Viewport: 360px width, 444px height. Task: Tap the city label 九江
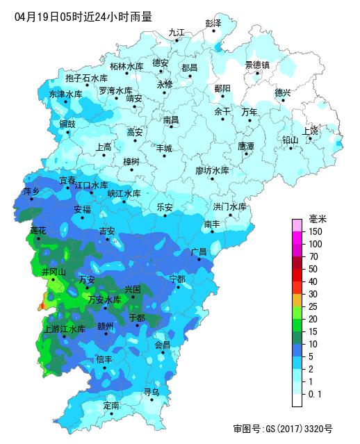coord(177,32)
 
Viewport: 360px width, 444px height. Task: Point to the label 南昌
coord(171,120)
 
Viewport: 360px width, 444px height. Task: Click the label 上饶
coord(310,130)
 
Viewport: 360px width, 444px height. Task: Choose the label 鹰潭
coord(246,146)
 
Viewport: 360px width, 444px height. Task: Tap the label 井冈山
coord(54,271)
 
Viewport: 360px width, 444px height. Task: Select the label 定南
coord(111,404)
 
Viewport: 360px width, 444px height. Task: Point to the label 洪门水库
coord(229,206)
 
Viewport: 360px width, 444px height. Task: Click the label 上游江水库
coord(64,329)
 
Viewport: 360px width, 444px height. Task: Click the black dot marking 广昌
coord(199,260)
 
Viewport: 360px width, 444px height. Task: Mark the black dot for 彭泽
coord(213,31)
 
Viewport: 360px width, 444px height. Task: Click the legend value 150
coord(316,231)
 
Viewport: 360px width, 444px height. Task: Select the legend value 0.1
coord(315,394)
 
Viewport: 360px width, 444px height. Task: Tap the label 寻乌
coord(152,392)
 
